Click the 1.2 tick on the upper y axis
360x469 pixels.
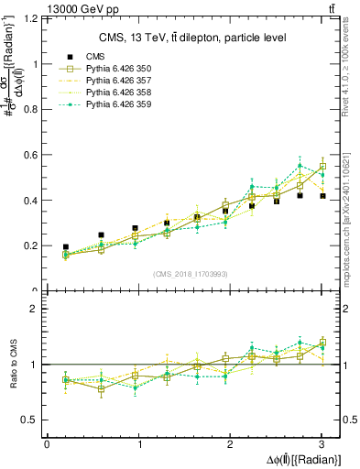click(35, 18)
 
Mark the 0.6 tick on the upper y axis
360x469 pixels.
click(35, 155)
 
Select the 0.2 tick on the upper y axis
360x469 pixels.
click(35, 245)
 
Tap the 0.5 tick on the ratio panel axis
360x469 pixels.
click(35, 420)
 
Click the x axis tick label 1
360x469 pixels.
click(138, 443)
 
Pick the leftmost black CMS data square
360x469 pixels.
click(65, 247)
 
